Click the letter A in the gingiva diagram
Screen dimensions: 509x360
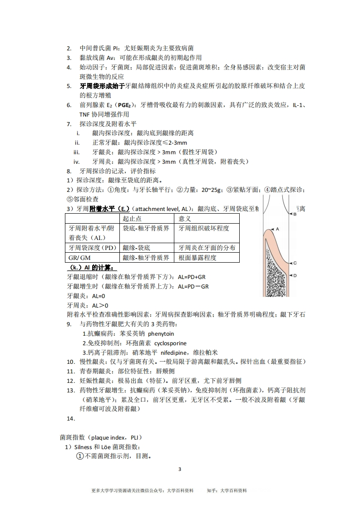(277, 229)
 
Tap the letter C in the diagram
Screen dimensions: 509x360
(295, 263)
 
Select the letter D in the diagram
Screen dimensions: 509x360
(295, 275)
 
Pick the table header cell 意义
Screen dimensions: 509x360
(185, 219)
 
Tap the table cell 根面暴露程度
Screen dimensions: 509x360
(197, 258)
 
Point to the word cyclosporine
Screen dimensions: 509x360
(170, 343)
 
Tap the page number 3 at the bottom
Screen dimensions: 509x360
(180, 469)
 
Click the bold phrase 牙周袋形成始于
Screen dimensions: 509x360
(102, 86)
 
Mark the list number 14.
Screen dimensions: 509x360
(70, 418)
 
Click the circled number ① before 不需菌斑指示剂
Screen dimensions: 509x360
(79, 456)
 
